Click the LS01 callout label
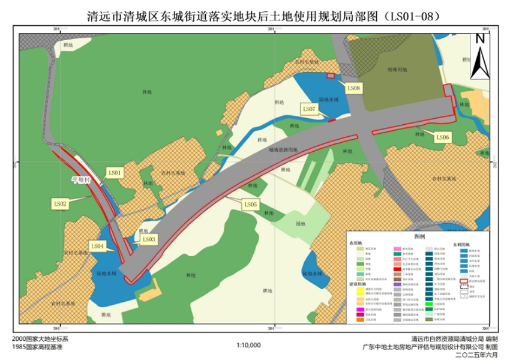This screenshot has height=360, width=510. pos(115,173)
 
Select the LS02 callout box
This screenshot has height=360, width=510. pos(61,203)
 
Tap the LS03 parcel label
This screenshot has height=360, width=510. pos(149,239)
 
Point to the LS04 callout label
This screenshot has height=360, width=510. pos(98,245)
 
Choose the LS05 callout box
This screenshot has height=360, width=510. pos(251,205)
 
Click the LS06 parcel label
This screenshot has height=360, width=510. pos(442,137)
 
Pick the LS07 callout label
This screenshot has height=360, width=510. pos(310,109)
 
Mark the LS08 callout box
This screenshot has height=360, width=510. pos(354,88)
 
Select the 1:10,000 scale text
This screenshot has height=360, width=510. pos(249,346)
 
